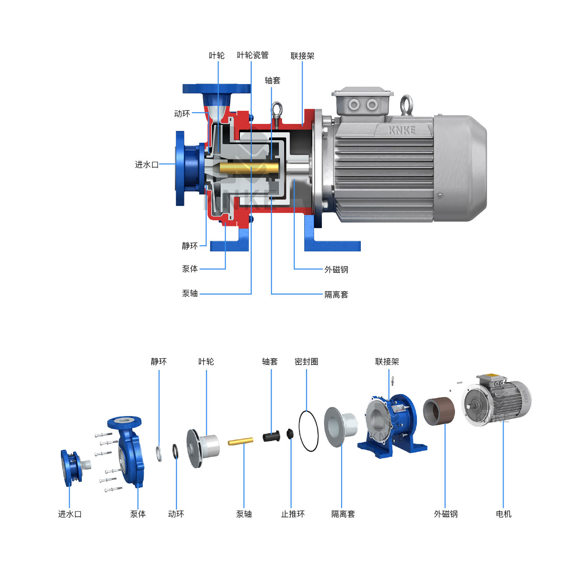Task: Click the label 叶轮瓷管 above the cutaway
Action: pyautogui.click(x=253, y=55)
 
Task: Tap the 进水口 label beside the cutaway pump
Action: pyautogui.click(x=147, y=165)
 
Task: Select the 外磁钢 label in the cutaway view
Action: pyautogui.click(x=336, y=270)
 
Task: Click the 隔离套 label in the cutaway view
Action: pyautogui.click(x=336, y=295)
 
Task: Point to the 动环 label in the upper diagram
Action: pyautogui.click(x=182, y=114)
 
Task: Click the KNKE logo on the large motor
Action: pyautogui.click(x=402, y=130)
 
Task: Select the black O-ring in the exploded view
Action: pyautogui.click(x=308, y=431)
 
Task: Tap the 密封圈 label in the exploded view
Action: pyautogui.click(x=307, y=362)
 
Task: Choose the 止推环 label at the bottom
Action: pyautogui.click(x=293, y=514)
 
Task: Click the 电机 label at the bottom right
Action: pyautogui.click(x=504, y=514)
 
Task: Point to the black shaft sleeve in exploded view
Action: pyautogui.click(x=271, y=436)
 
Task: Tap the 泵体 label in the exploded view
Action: pyautogui.click(x=138, y=514)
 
